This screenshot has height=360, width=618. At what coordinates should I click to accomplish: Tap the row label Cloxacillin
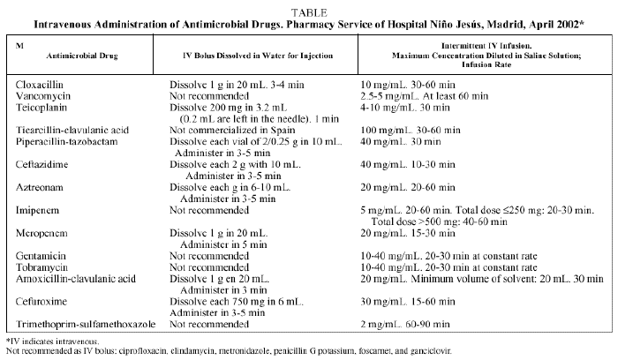(x=40, y=81)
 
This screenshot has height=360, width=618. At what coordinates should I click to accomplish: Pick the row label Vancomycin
(x=42, y=93)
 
